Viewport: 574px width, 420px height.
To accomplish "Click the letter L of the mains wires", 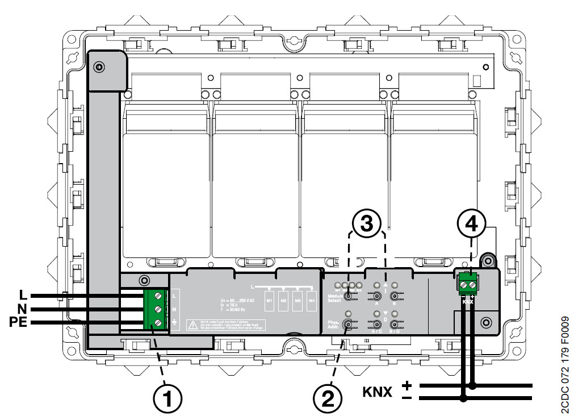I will click(23, 296).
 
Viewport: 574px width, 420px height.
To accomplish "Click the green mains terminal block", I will click(155, 310).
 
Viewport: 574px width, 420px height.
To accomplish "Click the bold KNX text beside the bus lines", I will click(378, 392).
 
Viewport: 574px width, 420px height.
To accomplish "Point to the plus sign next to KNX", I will click(407, 386).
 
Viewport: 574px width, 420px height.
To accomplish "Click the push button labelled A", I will click(376, 295).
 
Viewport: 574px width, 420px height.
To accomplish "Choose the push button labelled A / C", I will click(376, 324).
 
